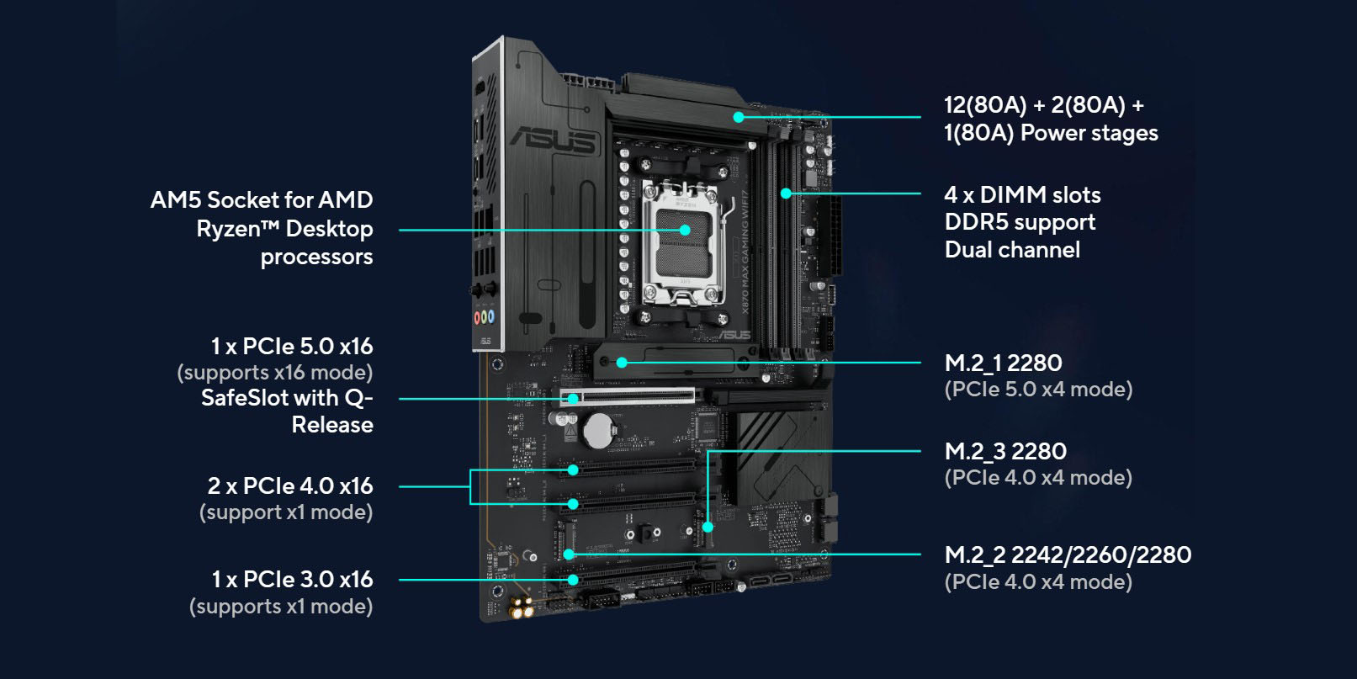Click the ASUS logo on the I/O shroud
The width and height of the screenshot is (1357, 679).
553,140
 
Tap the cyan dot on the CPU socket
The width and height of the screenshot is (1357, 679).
685,230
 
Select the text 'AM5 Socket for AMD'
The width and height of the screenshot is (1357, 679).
261,200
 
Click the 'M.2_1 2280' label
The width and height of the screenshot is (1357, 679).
1003,363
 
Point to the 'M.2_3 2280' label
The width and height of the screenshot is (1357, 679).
1005,452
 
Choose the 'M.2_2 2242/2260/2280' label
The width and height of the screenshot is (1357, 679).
1068,555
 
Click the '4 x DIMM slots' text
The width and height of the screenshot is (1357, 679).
1022,195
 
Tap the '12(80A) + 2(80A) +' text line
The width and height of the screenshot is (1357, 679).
1043,106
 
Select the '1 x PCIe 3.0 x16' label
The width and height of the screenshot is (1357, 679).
292,580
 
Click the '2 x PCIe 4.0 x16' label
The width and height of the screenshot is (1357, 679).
290,486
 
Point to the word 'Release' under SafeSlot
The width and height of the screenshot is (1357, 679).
332,425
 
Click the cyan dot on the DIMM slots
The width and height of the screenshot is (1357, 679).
786,194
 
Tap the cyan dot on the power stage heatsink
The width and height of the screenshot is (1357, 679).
739,117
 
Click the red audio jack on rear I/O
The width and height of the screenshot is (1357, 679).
478,317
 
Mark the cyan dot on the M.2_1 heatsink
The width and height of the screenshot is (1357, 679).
622,363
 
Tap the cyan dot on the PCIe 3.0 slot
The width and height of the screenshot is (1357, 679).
573,580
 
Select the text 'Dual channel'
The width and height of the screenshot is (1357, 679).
1012,250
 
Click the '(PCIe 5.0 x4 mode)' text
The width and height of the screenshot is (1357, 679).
1038,390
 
